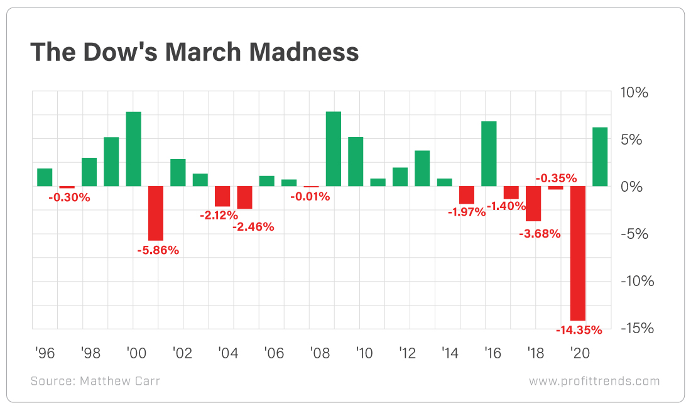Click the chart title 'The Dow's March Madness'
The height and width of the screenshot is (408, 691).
point(194,52)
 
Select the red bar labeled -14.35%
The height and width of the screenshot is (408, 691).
point(578,253)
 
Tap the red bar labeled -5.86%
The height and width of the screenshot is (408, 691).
point(156,213)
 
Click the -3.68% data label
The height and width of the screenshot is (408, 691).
point(540,234)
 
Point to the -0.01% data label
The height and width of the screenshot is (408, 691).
point(310,197)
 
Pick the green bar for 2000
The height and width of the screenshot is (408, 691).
point(133,149)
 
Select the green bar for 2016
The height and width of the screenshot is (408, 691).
point(489,154)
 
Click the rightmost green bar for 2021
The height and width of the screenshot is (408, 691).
point(600,157)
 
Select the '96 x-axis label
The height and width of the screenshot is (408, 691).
point(45,353)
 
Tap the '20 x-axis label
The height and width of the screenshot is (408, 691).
point(578,353)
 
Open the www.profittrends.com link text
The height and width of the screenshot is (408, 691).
point(594,381)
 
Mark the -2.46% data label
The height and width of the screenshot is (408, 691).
point(253,227)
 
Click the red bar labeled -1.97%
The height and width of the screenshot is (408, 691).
point(467,195)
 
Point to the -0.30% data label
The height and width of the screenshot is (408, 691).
point(69,197)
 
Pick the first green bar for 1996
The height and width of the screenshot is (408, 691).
point(45,177)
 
